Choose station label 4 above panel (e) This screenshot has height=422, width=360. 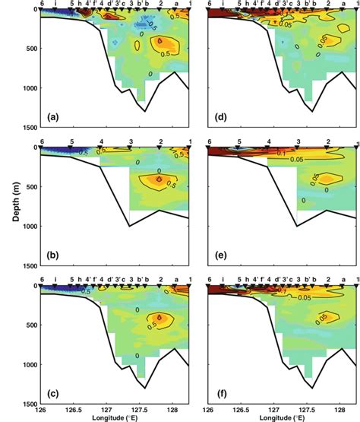270,142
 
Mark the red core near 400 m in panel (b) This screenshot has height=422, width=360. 159,179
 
